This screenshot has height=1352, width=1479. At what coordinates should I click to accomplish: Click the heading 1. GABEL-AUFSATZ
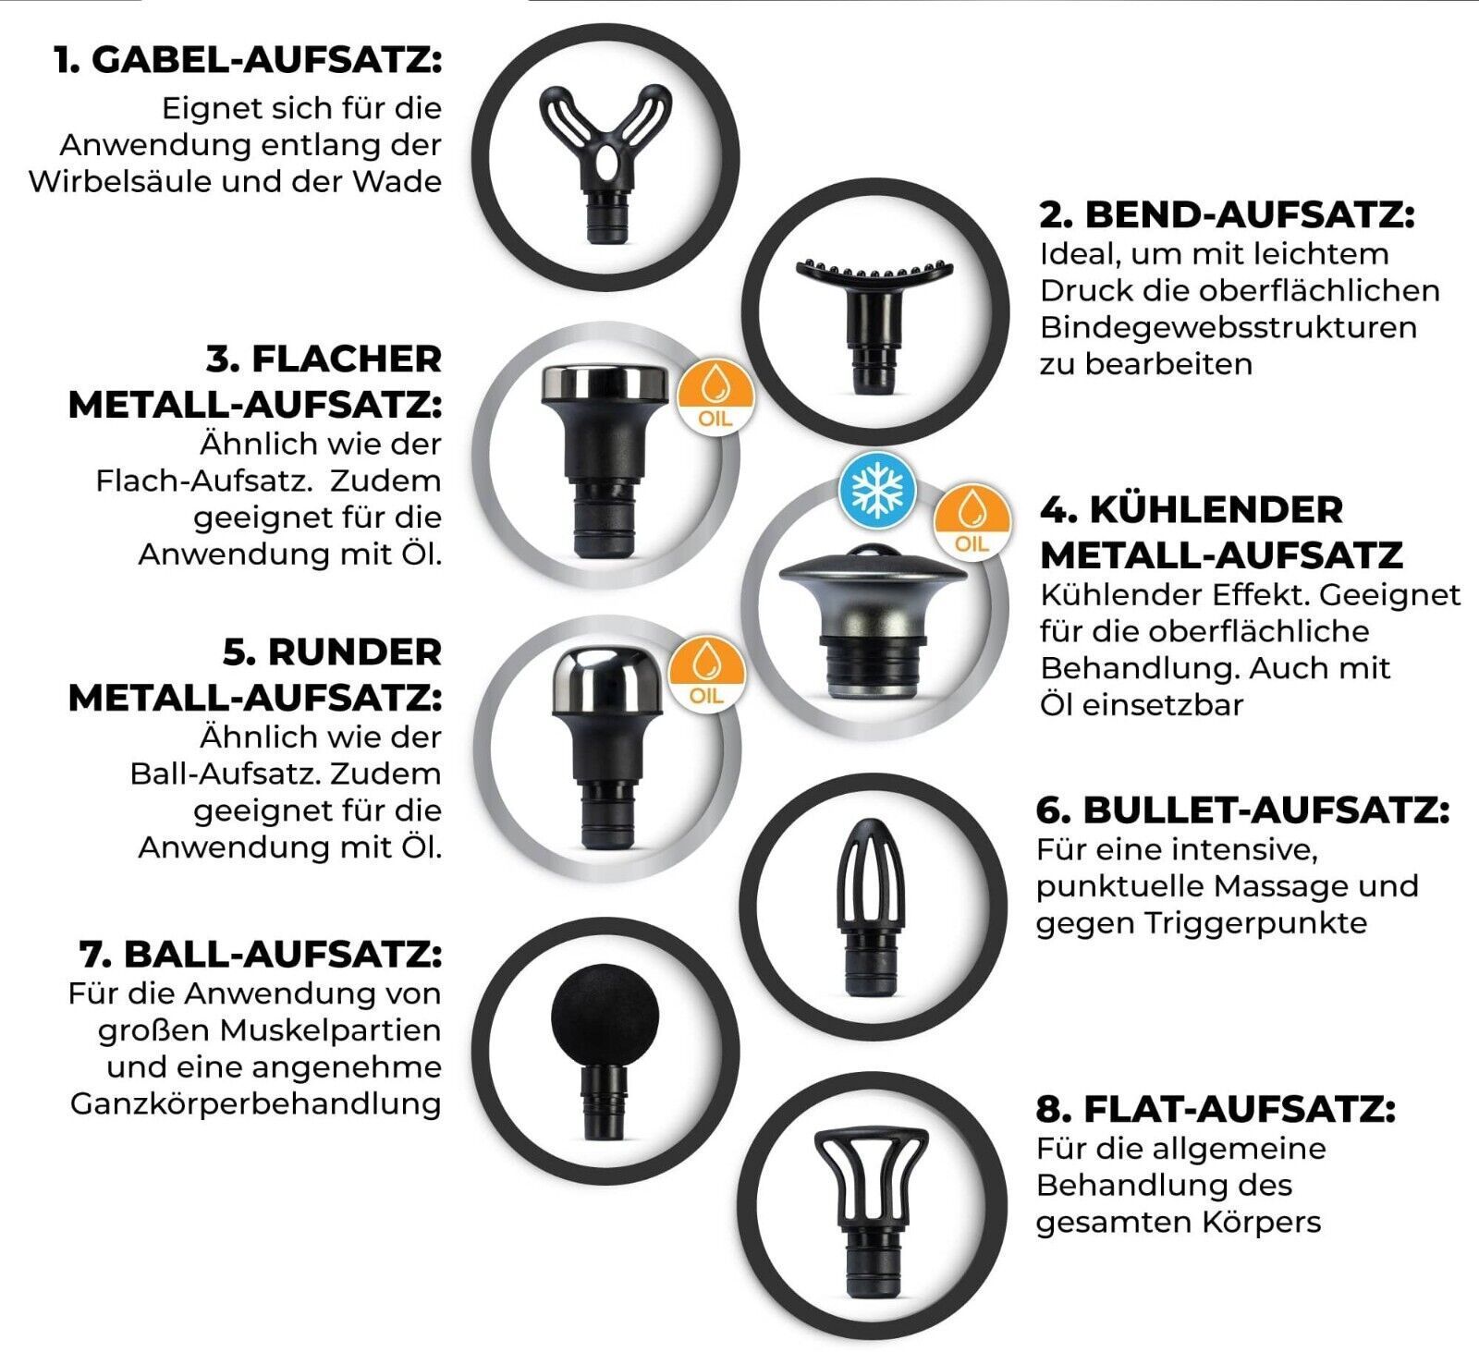248,62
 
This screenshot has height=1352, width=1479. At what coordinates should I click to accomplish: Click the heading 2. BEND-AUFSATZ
1227,214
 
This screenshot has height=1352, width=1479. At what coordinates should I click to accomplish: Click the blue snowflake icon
876,489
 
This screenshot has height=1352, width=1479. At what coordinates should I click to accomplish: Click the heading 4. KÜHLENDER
1192,509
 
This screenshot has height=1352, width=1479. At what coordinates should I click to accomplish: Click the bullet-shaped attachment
870,907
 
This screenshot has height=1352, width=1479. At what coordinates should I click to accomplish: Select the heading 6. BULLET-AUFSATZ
1243,810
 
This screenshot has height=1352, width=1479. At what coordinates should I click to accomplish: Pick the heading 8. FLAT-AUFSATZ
1216,1108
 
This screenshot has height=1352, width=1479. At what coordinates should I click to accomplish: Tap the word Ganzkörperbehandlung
255,1104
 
